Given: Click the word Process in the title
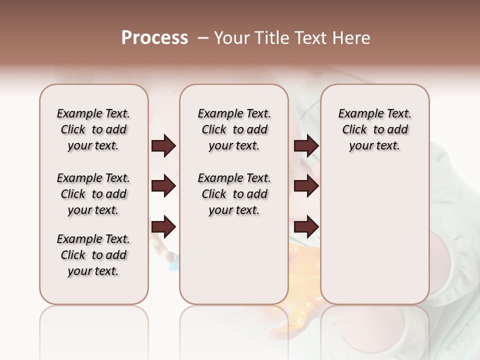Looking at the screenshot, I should tap(154, 38).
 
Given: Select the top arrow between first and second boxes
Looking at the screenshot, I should tap(163, 146).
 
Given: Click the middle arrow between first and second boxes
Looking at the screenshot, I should tap(163, 186).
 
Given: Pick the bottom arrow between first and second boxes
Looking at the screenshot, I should tap(163, 227).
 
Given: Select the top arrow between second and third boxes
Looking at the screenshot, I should tap(306, 146).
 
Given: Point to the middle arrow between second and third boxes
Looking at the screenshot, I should tap(306, 186).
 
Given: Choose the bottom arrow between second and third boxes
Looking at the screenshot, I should tap(306, 227).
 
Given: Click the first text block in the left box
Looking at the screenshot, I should tap(93, 129).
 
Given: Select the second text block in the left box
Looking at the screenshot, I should tap(93, 194).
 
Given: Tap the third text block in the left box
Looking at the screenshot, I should tap(93, 255).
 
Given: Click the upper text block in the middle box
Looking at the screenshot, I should tap(234, 129).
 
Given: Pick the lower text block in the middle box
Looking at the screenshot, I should tap(234, 194).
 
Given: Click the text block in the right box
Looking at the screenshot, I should tap(374, 129).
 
